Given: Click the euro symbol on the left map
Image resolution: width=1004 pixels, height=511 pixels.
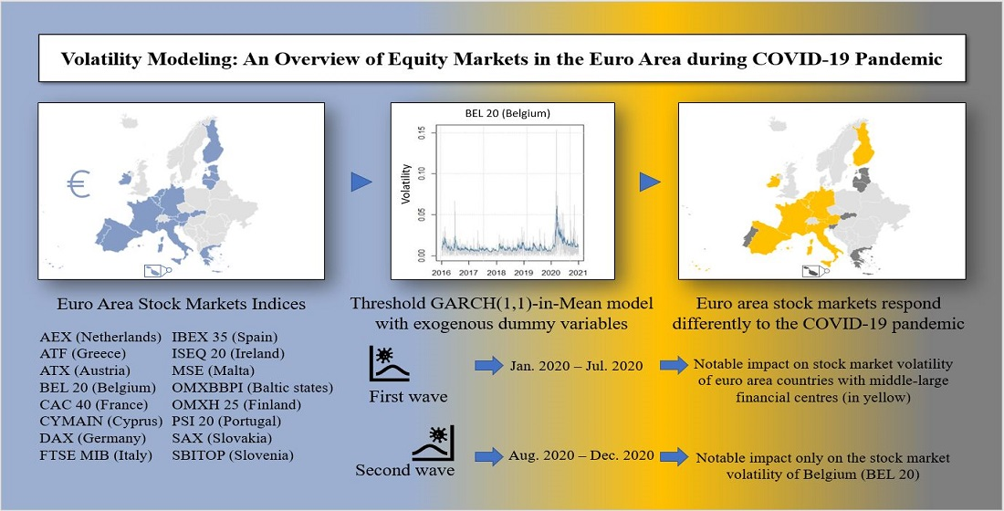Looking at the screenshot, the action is (x=78, y=183).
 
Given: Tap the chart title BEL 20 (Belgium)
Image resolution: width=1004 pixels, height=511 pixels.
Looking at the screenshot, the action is (x=507, y=114).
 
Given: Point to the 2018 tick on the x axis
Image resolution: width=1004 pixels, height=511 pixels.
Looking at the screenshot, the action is (x=497, y=272).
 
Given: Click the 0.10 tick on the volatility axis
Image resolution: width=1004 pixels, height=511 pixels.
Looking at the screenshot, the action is (x=422, y=173).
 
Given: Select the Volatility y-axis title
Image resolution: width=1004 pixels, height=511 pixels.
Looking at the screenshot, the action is (x=405, y=183).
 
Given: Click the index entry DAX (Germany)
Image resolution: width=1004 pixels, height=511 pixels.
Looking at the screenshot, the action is (x=93, y=439).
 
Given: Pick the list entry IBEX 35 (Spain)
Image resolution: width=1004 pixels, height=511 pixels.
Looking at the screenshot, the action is (x=225, y=337).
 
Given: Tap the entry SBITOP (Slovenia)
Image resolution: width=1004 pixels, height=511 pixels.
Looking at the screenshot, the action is (x=233, y=455).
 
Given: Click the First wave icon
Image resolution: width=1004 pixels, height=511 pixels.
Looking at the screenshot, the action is (x=390, y=364).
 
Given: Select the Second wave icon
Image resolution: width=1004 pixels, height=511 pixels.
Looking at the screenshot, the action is (x=433, y=443).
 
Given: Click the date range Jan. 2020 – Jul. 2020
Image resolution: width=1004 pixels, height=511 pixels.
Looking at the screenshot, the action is (x=576, y=366).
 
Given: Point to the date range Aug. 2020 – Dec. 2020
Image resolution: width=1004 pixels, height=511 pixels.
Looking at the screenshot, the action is (x=581, y=456).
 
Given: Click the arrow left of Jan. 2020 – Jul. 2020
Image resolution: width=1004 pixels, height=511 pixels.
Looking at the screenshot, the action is (x=489, y=366).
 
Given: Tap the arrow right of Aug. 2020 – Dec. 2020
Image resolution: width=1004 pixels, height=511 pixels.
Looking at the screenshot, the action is (x=675, y=456).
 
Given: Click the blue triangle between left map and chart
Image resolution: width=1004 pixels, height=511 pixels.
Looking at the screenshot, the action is (x=361, y=182).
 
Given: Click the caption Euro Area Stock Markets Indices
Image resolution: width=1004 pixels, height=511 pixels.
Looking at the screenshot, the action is (x=182, y=304).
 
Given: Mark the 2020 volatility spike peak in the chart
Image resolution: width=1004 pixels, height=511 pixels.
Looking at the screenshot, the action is (x=556, y=130).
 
